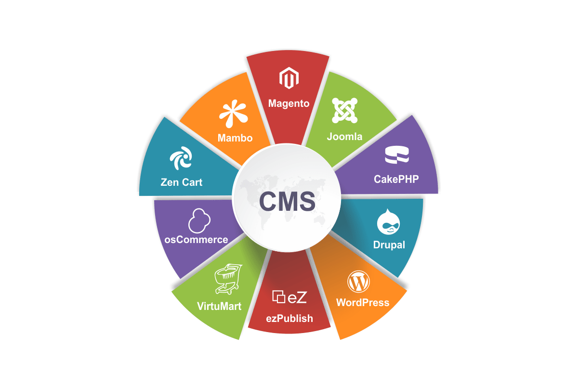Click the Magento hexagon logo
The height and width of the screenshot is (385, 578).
[x=289, y=78]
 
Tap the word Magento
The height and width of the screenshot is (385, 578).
[x=289, y=103]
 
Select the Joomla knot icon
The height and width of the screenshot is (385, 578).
[x=344, y=110]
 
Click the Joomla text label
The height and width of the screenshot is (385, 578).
[x=344, y=136]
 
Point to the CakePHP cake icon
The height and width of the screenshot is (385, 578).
[x=397, y=155]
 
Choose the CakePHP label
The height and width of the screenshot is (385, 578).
[x=396, y=179]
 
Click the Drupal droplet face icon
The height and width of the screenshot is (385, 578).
[x=388, y=222]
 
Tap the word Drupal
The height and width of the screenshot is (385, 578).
[x=389, y=245]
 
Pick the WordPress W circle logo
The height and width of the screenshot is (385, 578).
[x=358, y=282]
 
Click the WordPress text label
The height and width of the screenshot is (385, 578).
[x=363, y=303]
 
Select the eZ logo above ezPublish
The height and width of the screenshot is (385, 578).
[x=289, y=297]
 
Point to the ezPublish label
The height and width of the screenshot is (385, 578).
[x=289, y=319]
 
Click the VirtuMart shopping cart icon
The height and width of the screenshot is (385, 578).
[x=228, y=279]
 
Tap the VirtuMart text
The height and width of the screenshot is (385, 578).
[x=219, y=306]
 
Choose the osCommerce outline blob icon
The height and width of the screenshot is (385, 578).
[x=199, y=221]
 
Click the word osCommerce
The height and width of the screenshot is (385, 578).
[x=196, y=240]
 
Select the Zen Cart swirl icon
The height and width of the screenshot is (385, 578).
[x=181, y=158]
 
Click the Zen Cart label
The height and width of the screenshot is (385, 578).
[x=182, y=182]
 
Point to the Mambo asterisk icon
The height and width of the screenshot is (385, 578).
[x=234, y=114]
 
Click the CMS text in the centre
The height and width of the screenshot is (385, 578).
[x=287, y=201]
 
